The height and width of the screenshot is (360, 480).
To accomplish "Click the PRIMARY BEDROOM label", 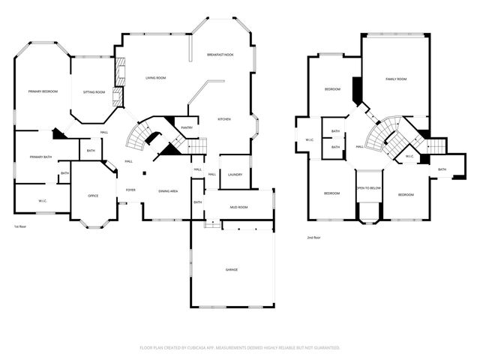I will pyautogui.click(x=43, y=91).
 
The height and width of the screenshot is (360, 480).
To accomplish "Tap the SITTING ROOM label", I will pyautogui.click(x=94, y=91).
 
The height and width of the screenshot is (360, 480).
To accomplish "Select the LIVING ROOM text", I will pyautogui.click(x=155, y=78).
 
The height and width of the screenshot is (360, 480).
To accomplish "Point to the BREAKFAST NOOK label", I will pyautogui.click(x=220, y=55).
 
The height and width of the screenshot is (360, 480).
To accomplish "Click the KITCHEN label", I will pyautogui.click(x=224, y=119).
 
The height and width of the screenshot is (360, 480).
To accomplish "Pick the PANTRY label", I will pyautogui.click(x=187, y=127).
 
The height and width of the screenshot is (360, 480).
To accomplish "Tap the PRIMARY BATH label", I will pyautogui.click(x=40, y=157).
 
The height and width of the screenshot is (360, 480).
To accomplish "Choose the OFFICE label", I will pyautogui.click(x=93, y=196).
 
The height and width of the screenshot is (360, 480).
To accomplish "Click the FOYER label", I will pyautogui.click(x=130, y=190).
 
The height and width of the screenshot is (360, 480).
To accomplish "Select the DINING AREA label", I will pyautogui.click(x=168, y=191).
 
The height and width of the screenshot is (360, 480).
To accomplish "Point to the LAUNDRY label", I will pyautogui.click(x=234, y=174).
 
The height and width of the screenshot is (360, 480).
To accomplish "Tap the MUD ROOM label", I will pyautogui.click(x=238, y=208).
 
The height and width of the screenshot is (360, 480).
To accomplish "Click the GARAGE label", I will pyautogui.click(x=232, y=269).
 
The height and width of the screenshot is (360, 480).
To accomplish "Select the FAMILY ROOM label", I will pyautogui.click(x=396, y=79).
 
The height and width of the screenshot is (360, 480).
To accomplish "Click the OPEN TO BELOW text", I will pyautogui.click(x=368, y=188).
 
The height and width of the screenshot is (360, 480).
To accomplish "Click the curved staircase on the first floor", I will pyautogui.click(x=140, y=136).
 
